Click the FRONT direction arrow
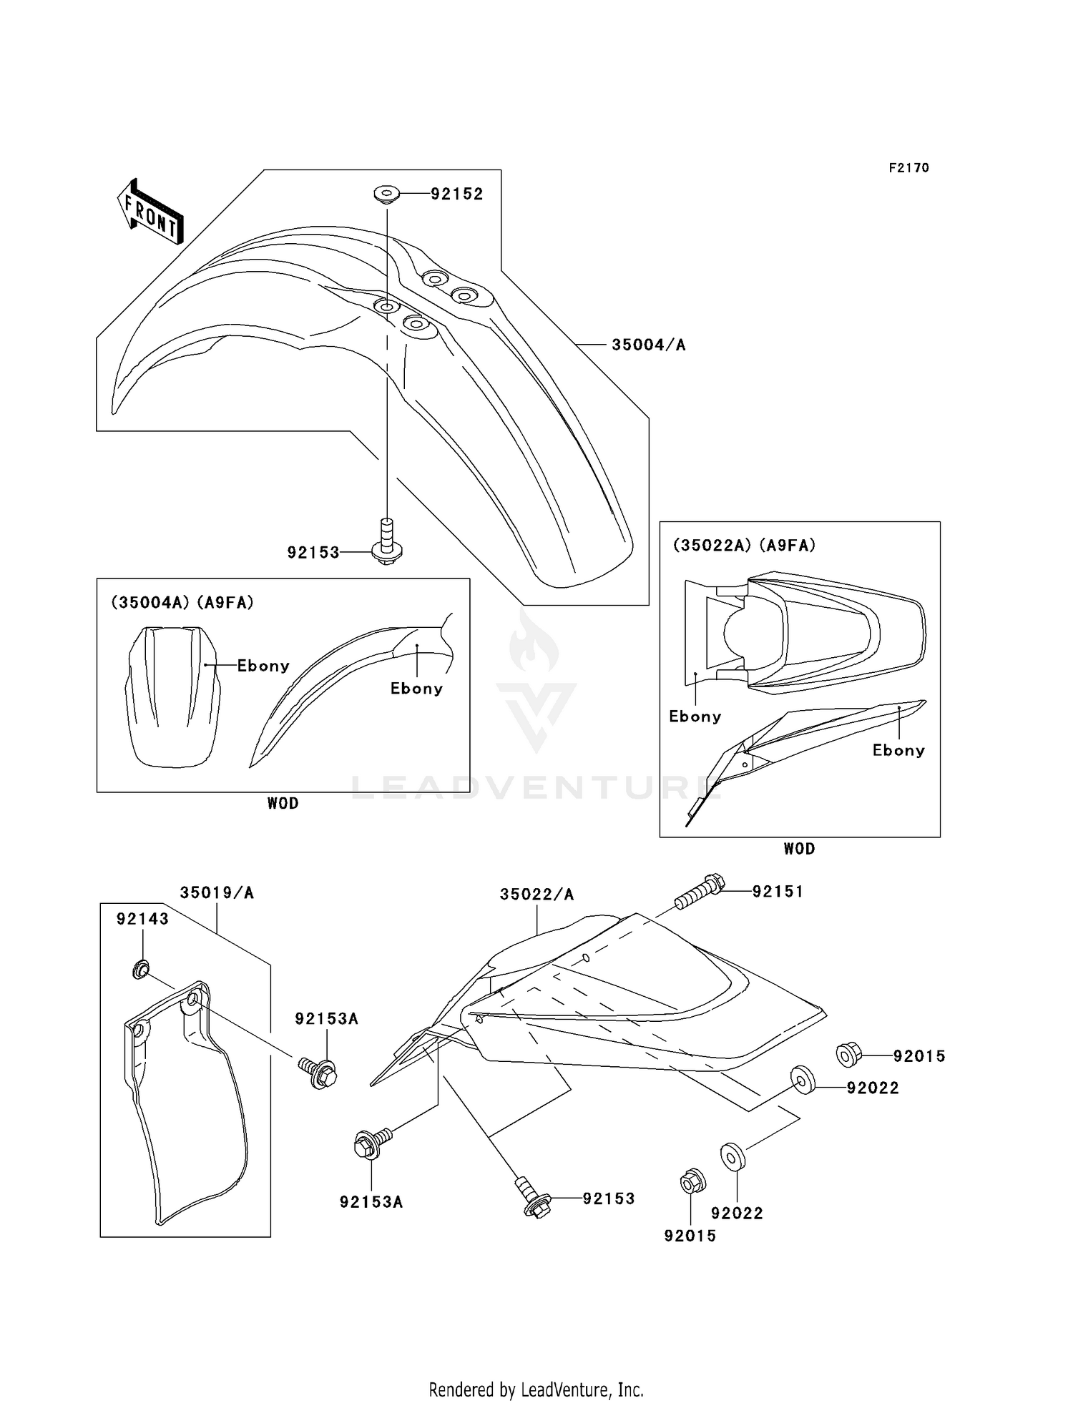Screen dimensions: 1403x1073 point(150,210)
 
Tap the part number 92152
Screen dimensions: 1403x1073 point(456,194)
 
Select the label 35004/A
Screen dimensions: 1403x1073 point(648,345)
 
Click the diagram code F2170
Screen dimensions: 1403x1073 point(908,168)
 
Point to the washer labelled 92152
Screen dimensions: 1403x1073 point(387,193)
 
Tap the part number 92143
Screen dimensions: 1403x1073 point(143,919)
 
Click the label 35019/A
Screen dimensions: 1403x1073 point(217,892)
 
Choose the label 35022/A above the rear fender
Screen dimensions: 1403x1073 point(536,894)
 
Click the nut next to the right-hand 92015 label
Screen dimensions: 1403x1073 point(848,1053)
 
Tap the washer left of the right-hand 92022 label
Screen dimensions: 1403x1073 point(802,1079)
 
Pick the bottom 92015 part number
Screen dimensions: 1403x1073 point(690,1236)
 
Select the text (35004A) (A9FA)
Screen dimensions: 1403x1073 point(182,603)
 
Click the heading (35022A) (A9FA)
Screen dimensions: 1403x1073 point(744,546)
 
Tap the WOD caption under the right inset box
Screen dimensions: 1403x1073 point(799,849)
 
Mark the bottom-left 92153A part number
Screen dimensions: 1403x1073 point(371,1202)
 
